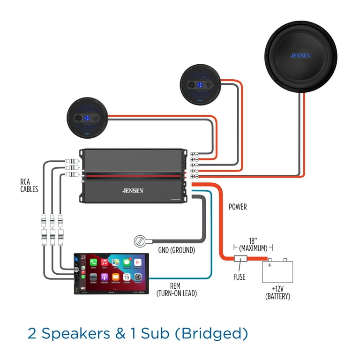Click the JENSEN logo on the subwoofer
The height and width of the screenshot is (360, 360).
click(300, 55)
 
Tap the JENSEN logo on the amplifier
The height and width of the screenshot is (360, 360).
click(133, 190)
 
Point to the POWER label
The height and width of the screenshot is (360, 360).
click(238, 206)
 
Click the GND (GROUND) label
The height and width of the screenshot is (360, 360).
click(176, 250)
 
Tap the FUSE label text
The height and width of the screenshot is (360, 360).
click(239, 277)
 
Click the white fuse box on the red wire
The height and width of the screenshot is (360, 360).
click(240, 259)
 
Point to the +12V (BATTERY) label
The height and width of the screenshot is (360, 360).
click(277, 292)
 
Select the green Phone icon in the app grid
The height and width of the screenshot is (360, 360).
click(93, 262)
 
